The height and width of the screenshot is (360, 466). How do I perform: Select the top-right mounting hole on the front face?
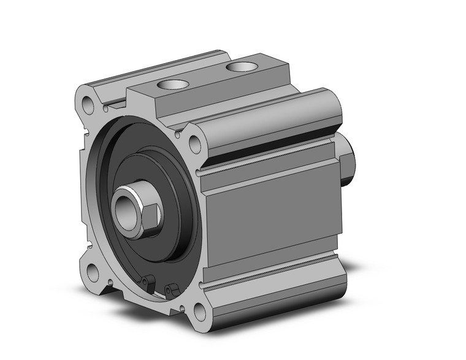pos(195,145)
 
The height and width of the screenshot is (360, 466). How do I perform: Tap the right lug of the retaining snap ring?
pos(170,288)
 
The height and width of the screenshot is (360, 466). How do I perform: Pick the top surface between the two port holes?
pos(202,77)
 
